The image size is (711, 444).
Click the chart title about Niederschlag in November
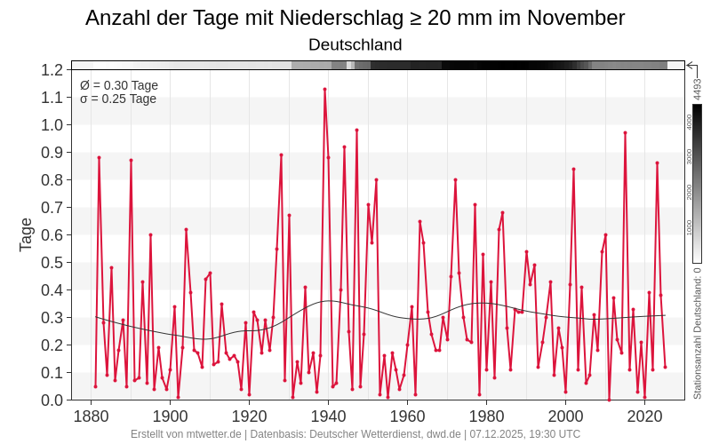click(x=355, y=18)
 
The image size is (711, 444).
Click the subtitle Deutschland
click(x=355, y=44)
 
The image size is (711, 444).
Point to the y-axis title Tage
click(x=26, y=234)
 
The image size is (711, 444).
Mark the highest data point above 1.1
click(x=324, y=89)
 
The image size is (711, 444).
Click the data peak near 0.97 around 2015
click(x=625, y=132)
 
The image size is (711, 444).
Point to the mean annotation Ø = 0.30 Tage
click(x=119, y=85)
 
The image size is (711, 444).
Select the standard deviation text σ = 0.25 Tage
click(x=118, y=99)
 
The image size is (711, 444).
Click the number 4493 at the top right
click(x=698, y=89)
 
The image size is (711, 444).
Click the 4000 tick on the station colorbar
click(x=690, y=122)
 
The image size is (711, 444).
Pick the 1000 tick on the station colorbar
click(x=690, y=227)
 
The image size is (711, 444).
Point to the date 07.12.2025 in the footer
click(x=500, y=434)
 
